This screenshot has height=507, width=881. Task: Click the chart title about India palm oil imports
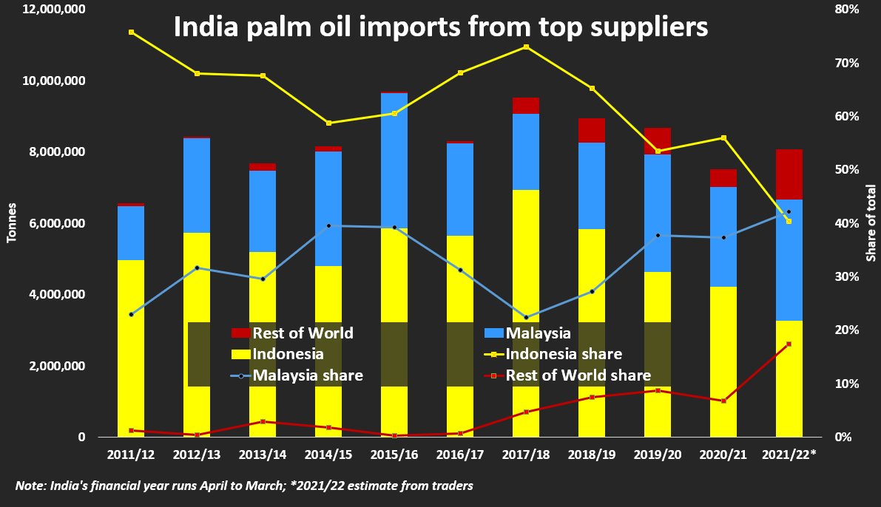[441, 28]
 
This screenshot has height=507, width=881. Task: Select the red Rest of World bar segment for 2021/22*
[789, 174]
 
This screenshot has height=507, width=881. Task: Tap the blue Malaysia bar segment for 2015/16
[394, 160]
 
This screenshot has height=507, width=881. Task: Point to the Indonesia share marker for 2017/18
[526, 47]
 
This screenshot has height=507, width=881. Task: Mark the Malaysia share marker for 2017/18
[526, 317]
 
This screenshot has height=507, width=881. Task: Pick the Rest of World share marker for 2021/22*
[789, 344]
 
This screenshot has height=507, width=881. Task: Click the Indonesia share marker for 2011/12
[131, 33]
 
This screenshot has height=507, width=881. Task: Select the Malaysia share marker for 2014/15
[328, 225]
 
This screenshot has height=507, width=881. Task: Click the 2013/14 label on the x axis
[263, 454]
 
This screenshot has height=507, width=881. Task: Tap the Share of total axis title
[871, 223]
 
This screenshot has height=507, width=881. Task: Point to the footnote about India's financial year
[244, 486]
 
